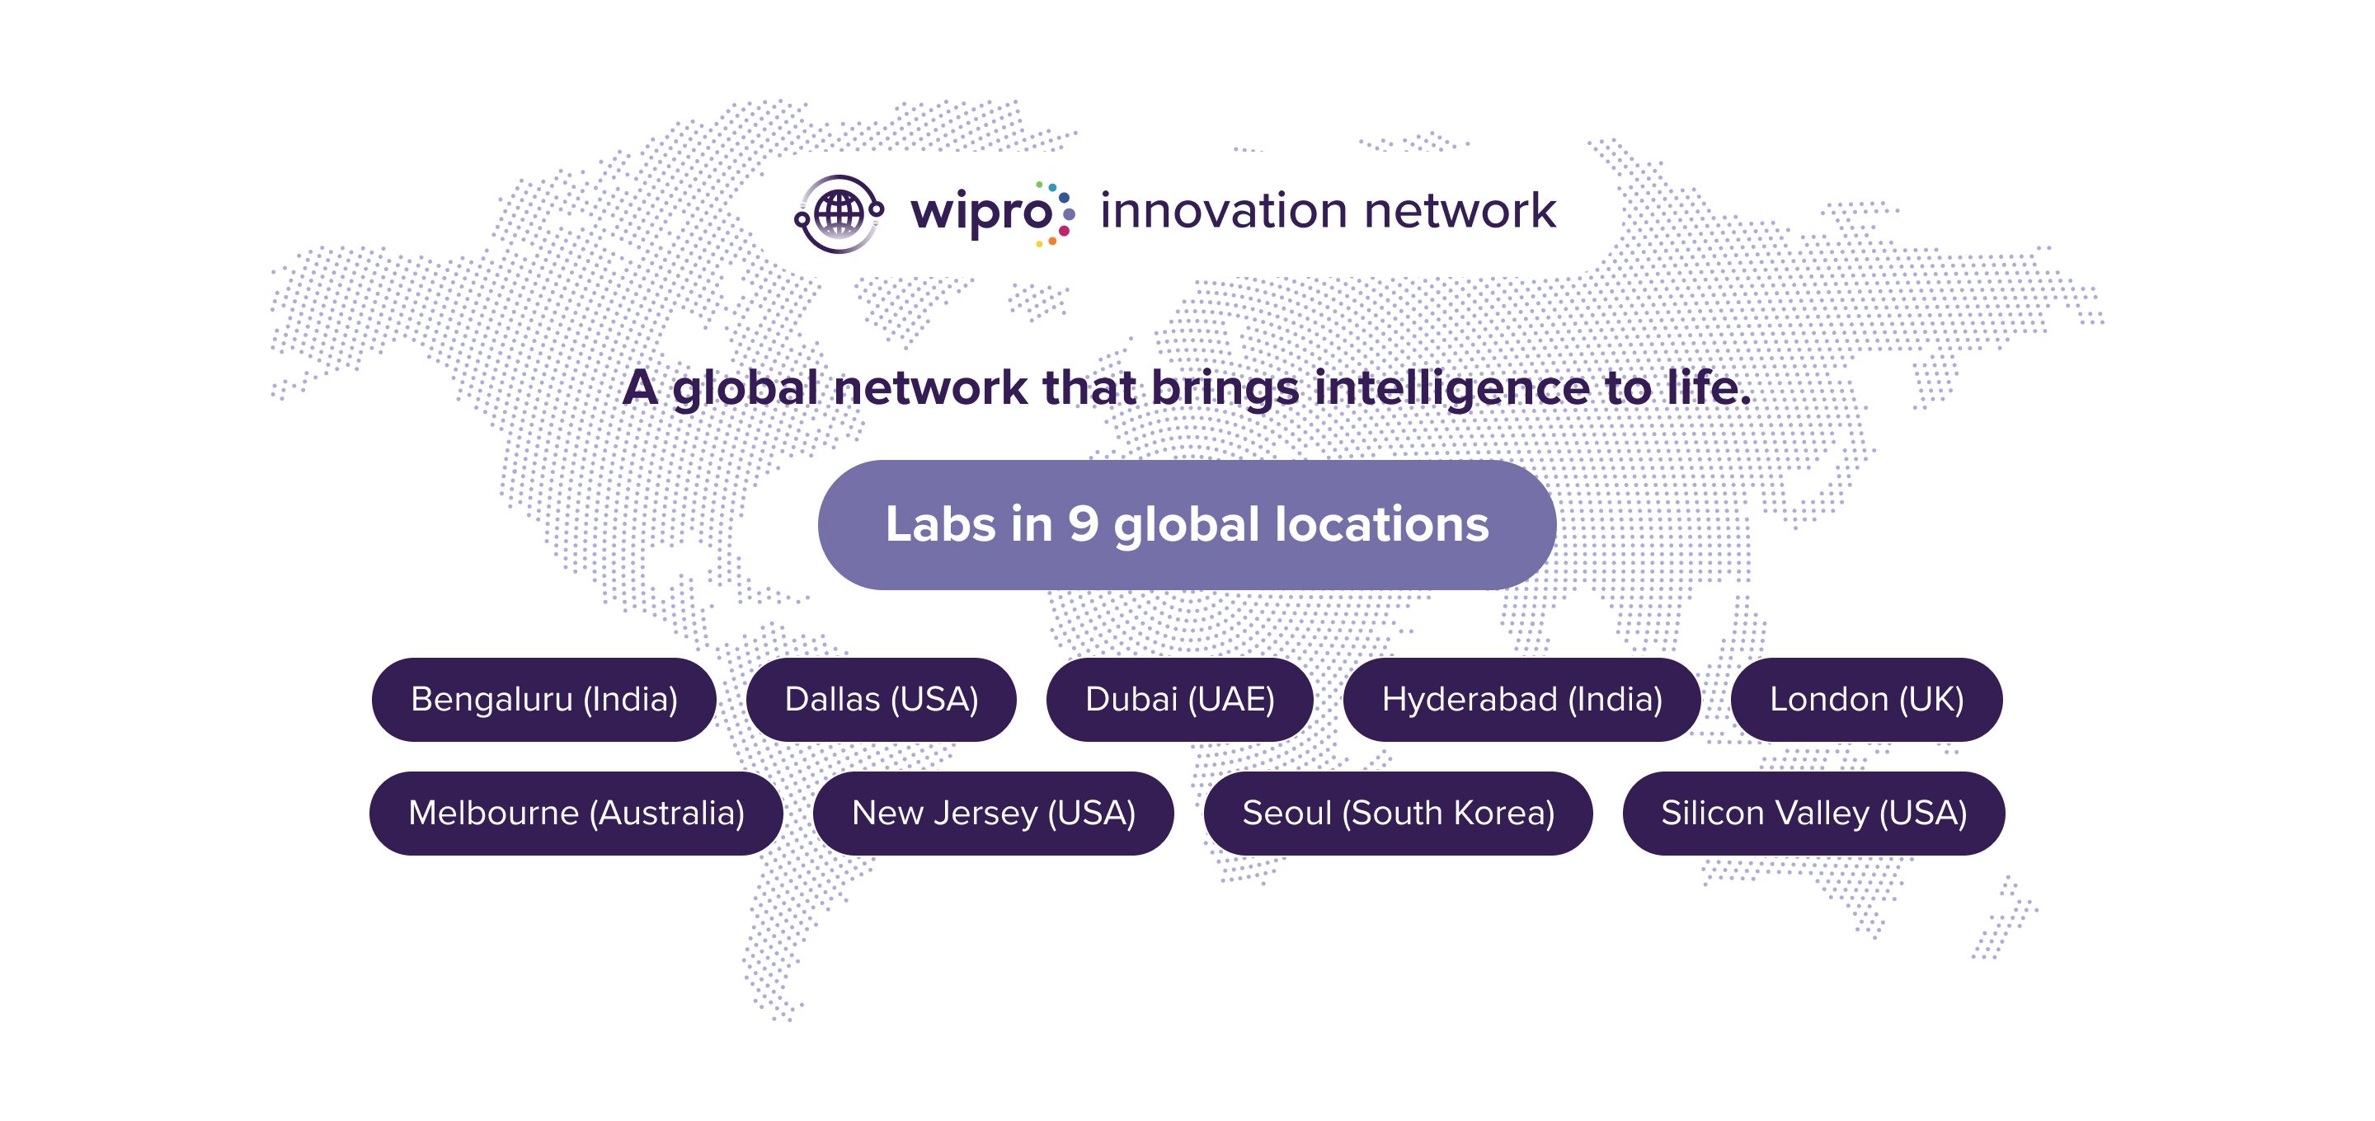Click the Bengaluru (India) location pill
(544, 700)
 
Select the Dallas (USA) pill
(882, 700)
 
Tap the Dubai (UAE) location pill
(1180, 700)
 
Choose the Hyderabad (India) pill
(1522, 700)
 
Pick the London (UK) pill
(1867, 700)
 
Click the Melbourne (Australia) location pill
(576, 813)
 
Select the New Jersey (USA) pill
(994, 813)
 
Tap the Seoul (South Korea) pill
(1399, 813)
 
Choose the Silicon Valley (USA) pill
(1814, 813)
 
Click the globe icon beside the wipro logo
(839, 213)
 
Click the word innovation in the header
(1224, 211)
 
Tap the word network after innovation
(1461, 211)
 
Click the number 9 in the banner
(1084, 523)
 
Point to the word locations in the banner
(1382, 523)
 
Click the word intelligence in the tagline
(1452, 389)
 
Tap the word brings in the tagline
(1225, 389)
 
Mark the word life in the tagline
(1703, 387)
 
